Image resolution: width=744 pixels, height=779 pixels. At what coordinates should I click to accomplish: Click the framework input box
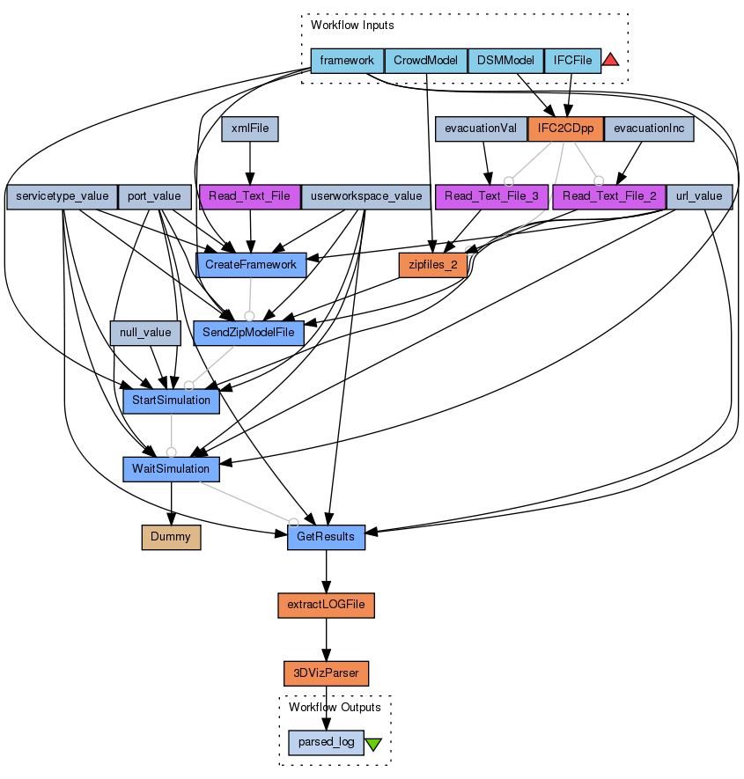[x=347, y=61]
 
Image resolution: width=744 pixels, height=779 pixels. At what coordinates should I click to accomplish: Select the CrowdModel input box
[x=425, y=61]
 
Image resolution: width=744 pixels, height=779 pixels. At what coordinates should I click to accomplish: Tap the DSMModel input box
[x=505, y=61]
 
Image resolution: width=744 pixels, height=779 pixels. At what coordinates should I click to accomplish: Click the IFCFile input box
[x=572, y=61]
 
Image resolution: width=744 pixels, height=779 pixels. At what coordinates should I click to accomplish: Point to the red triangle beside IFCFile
[x=611, y=60]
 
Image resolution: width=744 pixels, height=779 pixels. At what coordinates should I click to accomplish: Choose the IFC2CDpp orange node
[x=565, y=129]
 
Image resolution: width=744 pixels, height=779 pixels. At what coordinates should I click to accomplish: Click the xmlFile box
[x=250, y=129]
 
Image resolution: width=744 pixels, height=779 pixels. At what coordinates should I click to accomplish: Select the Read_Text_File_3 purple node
[x=492, y=196]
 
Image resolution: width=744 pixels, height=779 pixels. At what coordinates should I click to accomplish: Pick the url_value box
[x=699, y=196]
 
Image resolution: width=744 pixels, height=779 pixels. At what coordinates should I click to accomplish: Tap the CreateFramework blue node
[x=250, y=264]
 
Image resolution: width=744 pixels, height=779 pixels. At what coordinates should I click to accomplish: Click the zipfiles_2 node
[x=432, y=264]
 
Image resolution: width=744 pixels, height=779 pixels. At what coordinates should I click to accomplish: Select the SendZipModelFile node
[x=249, y=333]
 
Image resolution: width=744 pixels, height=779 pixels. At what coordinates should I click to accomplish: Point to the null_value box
[x=145, y=333]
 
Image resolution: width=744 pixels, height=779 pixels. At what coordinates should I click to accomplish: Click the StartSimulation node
[x=171, y=401]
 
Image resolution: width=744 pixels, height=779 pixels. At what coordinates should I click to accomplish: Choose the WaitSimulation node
[x=171, y=468]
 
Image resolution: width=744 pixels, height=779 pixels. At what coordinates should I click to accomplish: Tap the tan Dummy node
[x=171, y=537]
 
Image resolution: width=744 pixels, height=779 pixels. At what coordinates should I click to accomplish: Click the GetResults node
[x=326, y=537]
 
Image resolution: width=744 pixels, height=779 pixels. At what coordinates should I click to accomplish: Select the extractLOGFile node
[x=326, y=606]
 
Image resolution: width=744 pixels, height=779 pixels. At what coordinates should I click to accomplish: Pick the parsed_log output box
[x=326, y=742]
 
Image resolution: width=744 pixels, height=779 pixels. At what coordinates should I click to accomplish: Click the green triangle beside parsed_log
[x=372, y=744]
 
